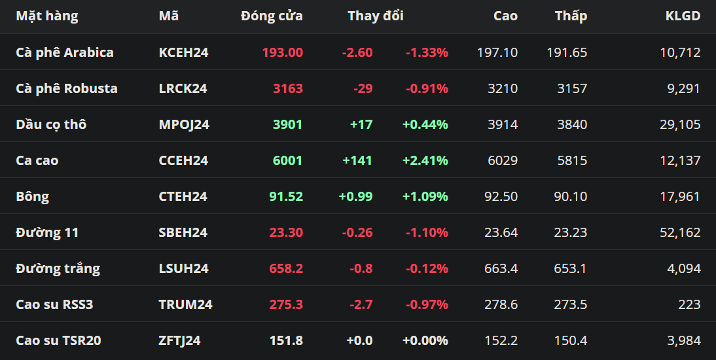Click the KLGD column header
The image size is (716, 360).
click(x=683, y=16)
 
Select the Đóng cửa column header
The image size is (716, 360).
click(x=272, y=16)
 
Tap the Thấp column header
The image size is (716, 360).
click(x=571, y=16)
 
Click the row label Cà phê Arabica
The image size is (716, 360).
click(x=65, y=52)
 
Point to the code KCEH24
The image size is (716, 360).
click(x=183, y=52)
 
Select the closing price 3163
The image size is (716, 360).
click(x=288, y=88)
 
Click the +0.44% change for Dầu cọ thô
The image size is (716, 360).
click(x=425, y=124)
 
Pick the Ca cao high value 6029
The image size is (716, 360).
click(x=503, y=160)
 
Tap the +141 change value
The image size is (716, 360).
click(x=357, y=160)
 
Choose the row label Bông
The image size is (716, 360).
click(x=33, y=196)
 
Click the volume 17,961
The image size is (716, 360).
click(x=680, y=196)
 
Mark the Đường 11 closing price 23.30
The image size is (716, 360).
click(x=286, y=232)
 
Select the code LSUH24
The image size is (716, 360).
click(x=183, y=268)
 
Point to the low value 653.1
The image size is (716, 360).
click(x=570, y=268)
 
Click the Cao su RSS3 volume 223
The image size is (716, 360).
click(x=690, y=305)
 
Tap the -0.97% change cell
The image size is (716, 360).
click(x=427, y=305)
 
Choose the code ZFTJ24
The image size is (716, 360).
click(x=179, y=341)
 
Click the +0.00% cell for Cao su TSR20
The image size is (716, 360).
click(x=425, y=341)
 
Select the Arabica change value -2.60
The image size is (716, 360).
click(x=357, y=52)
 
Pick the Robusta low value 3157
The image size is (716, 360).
click(x=572, y=88)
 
